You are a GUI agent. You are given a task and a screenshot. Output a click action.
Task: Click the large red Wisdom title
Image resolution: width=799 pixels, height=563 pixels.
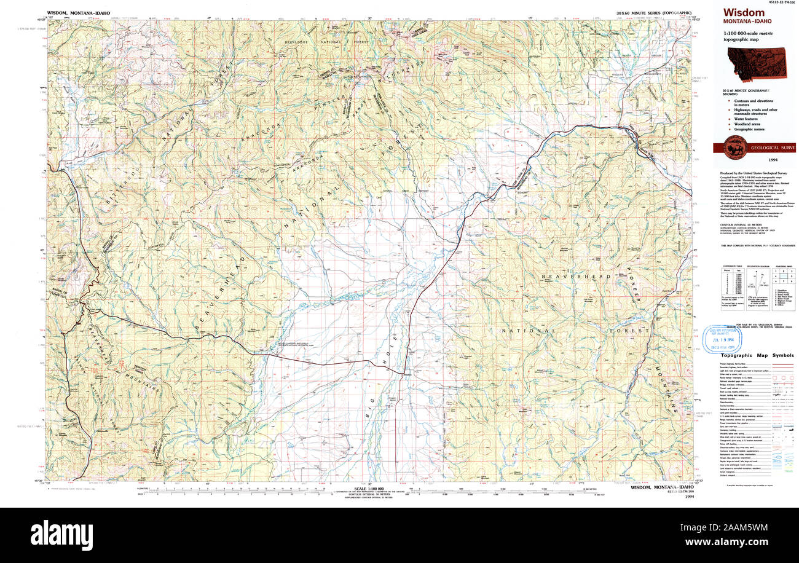(744, 13)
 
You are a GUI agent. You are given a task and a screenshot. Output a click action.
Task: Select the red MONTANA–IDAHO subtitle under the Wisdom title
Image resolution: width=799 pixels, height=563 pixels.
(747, 22)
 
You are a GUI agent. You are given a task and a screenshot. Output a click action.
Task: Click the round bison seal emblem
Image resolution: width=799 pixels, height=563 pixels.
(736, 148)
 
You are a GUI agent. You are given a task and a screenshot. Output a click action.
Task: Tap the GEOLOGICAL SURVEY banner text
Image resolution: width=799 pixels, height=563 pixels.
(773, 148)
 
